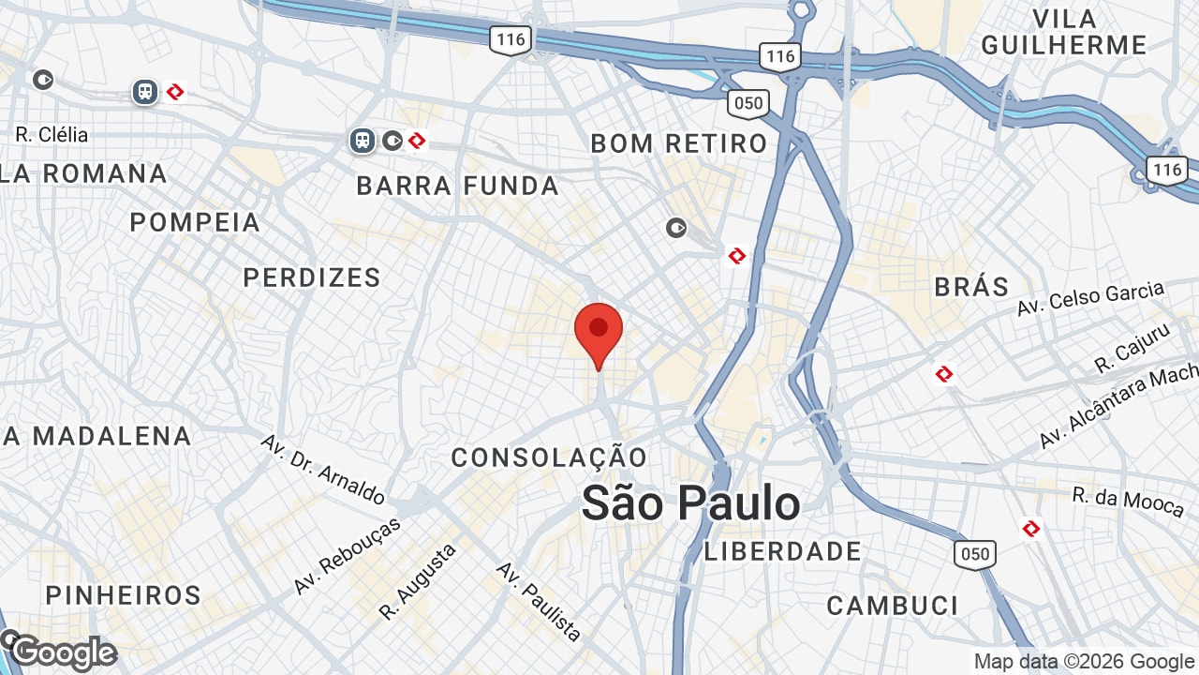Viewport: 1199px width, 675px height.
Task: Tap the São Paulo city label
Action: [690, 503]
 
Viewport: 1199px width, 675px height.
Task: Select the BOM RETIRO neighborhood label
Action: [679, 143]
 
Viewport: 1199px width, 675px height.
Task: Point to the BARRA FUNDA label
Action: [458, 186]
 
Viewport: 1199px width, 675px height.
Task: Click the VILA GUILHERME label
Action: [1064, 32]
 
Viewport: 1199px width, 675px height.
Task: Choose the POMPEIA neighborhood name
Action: [195, 222]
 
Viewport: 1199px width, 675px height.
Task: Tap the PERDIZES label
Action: [312, 277]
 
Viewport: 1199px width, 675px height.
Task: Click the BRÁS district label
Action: [971, 286]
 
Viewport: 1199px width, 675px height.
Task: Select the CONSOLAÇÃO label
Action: [549, 457]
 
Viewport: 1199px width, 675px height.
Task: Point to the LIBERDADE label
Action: [783, 551]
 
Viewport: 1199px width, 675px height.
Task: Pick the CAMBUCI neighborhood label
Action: [893, 606]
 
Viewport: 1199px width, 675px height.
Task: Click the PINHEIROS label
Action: [124, 595]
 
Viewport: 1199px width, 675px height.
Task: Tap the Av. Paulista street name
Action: [539, 601]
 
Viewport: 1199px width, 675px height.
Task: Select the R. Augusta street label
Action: [418, 581]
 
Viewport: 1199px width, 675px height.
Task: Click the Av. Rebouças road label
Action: [347, 555]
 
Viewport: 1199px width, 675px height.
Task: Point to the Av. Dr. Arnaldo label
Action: [322, 469]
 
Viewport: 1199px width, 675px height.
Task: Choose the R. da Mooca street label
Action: [1128, 501]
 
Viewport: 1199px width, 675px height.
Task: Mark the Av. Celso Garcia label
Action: [1090, 299]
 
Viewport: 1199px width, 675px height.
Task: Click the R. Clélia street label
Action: [52, 135]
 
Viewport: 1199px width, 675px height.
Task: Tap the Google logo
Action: [64, 652]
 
